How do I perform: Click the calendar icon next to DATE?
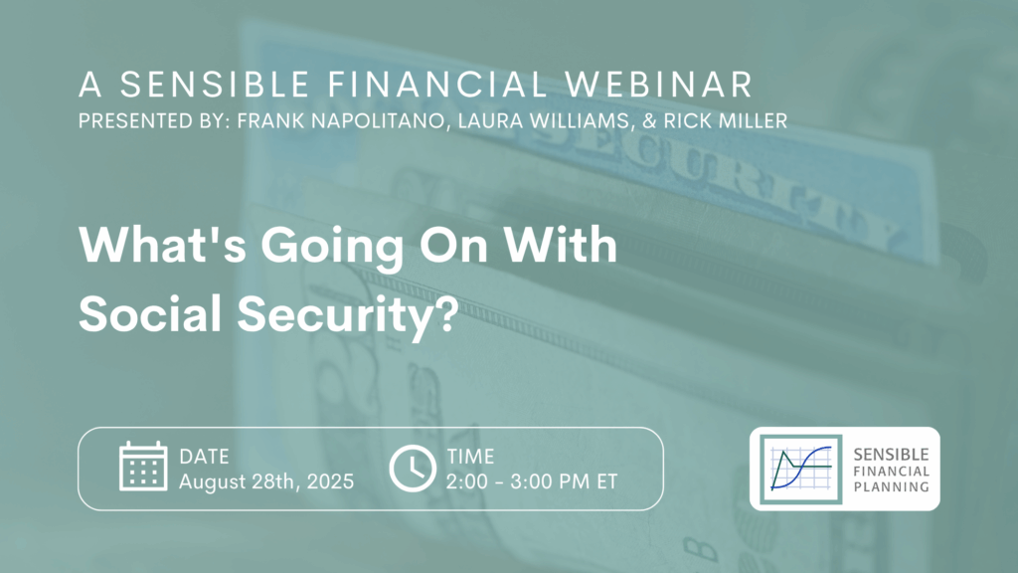pos(143,466)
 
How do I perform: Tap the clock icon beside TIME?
pos(413,469)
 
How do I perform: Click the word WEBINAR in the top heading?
pos(658,85)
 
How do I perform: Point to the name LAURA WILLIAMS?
pos(544,120)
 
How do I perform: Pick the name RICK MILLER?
pos(725,120)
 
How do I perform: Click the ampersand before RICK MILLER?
pos(647,120)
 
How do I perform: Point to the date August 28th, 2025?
pos(266,481)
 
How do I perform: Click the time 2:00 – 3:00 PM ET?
pos(532,481)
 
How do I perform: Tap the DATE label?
pos(204,457)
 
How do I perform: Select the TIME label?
pos(470,457)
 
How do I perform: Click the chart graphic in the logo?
pos(801,470)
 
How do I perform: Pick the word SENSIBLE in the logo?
pos(891,455)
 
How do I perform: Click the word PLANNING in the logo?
pos(891,486)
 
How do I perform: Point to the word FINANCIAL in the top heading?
pos(437,85)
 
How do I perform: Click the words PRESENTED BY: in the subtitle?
pos(154,120)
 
